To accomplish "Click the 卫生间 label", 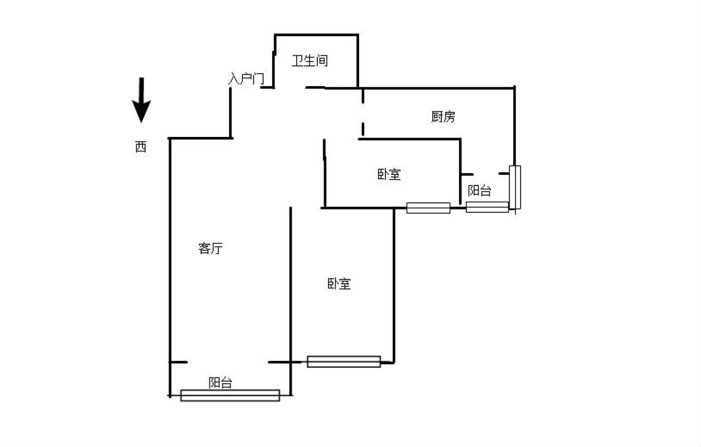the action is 310,61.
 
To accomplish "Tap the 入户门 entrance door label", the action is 246,79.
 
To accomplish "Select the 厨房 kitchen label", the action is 443,117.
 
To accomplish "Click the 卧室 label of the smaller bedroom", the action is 389,174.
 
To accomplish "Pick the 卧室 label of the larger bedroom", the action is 339,284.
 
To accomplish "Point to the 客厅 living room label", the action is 210,248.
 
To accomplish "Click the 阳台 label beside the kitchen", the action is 479,191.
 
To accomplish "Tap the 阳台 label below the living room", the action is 220,383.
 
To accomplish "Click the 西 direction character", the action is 141,146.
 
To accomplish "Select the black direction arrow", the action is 141,100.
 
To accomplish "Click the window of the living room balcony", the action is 230,395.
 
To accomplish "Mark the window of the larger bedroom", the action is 344,362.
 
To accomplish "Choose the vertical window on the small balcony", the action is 515,187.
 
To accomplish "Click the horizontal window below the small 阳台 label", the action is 487,207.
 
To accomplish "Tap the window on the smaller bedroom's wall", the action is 428,208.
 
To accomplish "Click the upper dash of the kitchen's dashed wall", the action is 363,96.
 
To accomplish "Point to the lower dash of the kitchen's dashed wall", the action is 363,129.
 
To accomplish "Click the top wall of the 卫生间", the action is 316,35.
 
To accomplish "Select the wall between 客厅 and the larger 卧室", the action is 290,301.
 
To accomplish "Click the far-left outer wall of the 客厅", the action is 170,268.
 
